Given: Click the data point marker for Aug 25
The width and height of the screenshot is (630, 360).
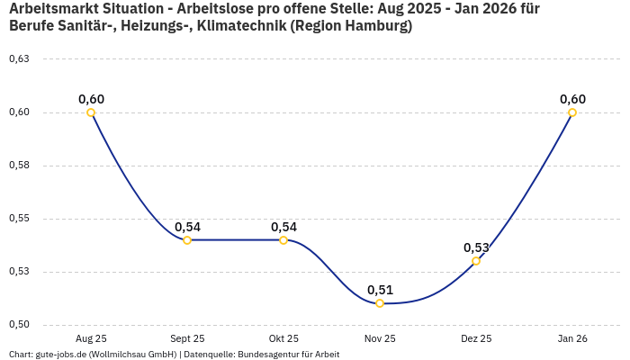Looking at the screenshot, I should (91, 112).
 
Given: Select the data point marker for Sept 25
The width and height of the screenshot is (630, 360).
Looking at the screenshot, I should (187, 240).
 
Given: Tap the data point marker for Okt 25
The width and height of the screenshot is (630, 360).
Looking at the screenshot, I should (283, 240).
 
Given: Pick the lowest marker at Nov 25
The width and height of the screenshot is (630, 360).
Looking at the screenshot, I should (380, 303).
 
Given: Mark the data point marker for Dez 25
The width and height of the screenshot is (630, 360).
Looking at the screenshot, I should (476, 261).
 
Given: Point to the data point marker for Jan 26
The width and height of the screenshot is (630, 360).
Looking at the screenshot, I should (572, 112).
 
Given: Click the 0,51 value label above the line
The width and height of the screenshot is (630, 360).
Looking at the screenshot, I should (380, 290).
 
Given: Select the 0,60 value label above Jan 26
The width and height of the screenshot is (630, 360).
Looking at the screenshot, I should (572, 99).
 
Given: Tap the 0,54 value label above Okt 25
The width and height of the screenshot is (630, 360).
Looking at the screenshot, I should (283, 227).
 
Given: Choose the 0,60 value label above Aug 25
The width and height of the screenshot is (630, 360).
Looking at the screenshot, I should (91, 99).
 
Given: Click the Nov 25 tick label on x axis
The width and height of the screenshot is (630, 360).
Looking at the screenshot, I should (380, 338).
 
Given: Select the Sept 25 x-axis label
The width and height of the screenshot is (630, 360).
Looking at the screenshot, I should (187, 338).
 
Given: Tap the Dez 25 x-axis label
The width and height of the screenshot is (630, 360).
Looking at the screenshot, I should (476, 338).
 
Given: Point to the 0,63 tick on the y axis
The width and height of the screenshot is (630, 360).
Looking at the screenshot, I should (19, 59).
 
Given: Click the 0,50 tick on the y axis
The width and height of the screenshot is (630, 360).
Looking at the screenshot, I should (19, 324).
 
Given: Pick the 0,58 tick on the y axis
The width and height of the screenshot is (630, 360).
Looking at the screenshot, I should (19, 166).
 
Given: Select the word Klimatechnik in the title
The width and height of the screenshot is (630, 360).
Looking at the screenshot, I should (244, 26).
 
